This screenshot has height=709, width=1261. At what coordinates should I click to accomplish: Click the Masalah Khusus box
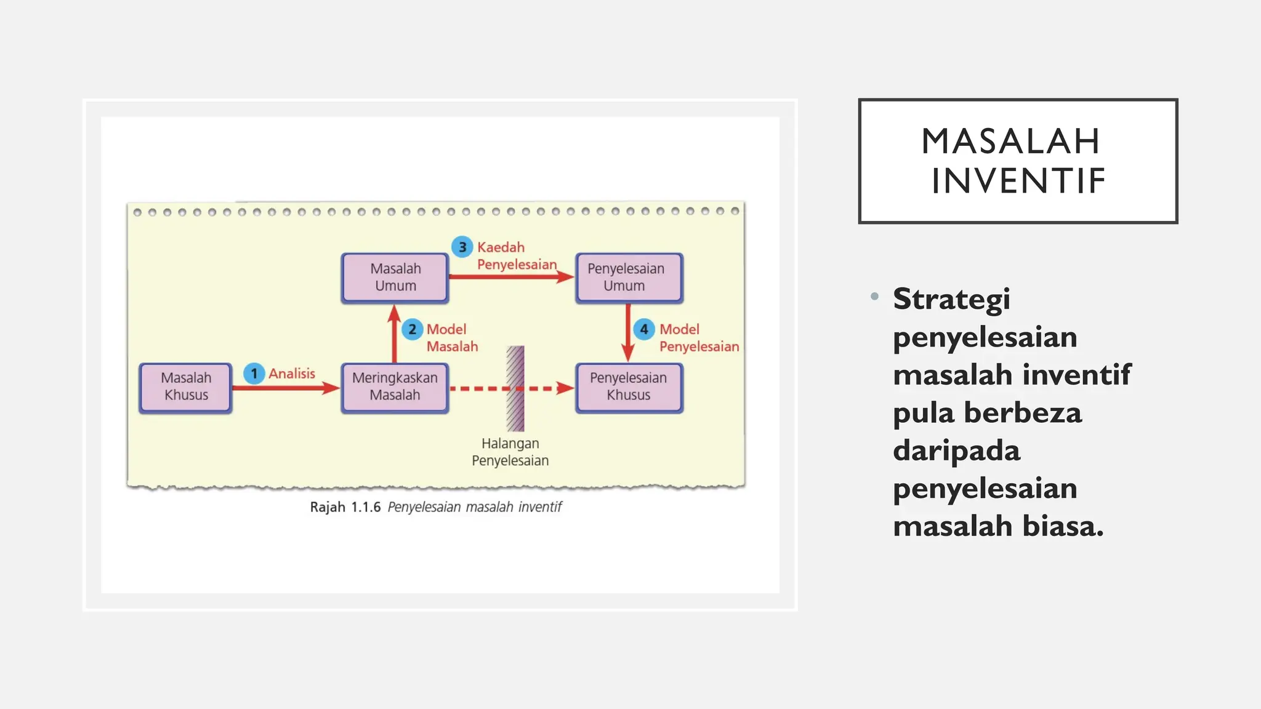coord(185,387)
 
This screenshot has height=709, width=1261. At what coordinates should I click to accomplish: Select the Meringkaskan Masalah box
coord(395,387)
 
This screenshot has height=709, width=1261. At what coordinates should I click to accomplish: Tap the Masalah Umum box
coord(395,278)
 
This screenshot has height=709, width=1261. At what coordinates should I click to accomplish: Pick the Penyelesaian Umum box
coord(629,278)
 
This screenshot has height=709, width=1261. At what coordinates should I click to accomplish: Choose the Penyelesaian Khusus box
coord(629,387)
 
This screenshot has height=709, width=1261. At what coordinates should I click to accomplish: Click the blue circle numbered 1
coord(254,374)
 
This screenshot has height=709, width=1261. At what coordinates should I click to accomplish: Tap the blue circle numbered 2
coord(412,329)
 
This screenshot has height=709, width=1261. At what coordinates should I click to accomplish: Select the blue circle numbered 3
coord(462,247)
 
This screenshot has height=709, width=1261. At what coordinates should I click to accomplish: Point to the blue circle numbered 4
coord(643,329)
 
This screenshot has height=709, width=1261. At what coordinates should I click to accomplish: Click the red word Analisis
coord(292,374)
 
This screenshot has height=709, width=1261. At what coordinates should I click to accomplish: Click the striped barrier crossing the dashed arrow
coord(515,388)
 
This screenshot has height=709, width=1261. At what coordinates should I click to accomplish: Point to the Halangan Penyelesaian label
coord(510,452)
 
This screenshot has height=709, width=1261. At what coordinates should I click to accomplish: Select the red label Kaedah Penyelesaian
coord(516,256)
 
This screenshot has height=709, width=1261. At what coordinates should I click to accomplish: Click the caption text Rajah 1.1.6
coord(345,507)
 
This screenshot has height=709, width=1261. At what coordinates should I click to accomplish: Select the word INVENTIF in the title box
coord(1018,181)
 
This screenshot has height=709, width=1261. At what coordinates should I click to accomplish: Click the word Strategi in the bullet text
coord(951,300)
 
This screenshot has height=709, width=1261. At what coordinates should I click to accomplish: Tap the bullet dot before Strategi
coord(874,297)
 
